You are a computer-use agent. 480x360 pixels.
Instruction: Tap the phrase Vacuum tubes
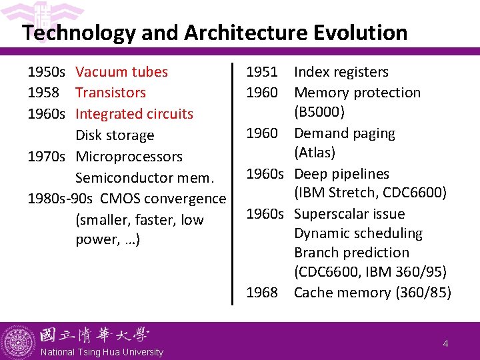[x=121, y=72]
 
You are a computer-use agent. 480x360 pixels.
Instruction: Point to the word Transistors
[x=111, y=93]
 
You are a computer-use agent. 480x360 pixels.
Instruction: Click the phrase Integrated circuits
[x=134, y=114]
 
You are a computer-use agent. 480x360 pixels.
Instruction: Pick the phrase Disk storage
[x=115, y=135]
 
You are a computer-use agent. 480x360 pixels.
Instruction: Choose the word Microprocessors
[x=129, y=157]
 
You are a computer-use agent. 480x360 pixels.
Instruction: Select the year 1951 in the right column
[x=262, y=72]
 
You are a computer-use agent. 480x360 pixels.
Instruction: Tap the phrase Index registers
[x=341, y=72]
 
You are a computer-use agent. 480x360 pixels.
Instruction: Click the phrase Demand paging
[x=344, y=133]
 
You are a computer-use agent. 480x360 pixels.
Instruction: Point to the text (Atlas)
[x=315, y=153]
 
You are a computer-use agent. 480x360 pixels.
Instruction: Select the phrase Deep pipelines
[x=341, y=174]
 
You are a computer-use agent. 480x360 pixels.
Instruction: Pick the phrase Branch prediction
[x=351, y=253]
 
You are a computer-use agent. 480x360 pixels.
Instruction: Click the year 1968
[x=262, y=293]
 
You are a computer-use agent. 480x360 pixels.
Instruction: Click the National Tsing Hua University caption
[x=101, y=352]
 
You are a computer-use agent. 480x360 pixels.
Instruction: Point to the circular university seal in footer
[x=17, y=342]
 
